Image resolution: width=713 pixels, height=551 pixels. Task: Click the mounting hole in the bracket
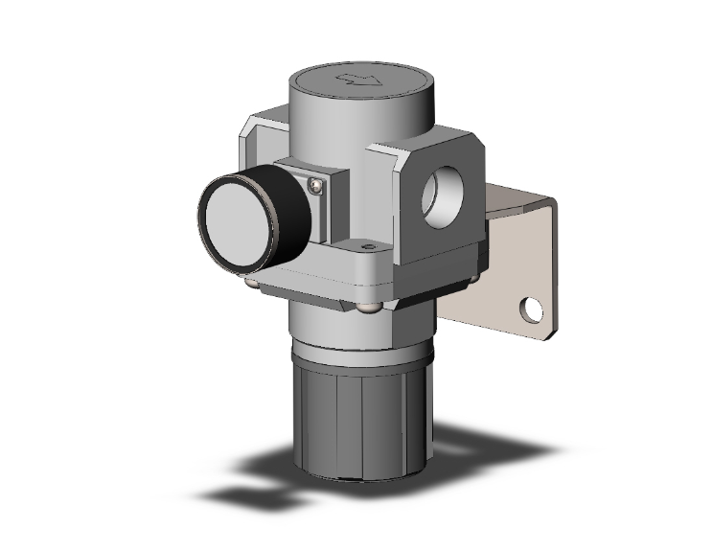coord(527,310)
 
